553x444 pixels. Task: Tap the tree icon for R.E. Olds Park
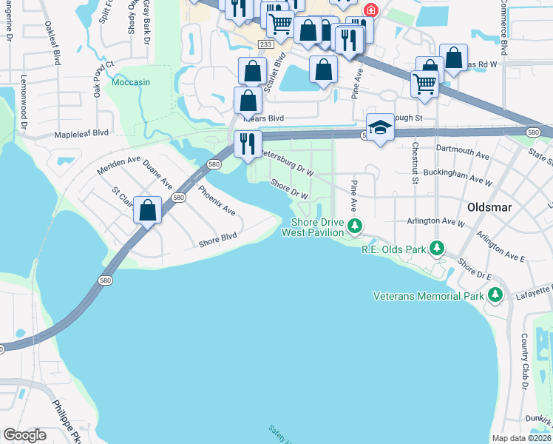tap(437, 247)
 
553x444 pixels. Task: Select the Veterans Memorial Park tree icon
tap(495, 296)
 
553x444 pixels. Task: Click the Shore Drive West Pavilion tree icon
tap(355, 225)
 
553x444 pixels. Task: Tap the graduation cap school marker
tap(380, 128)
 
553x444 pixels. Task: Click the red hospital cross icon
tap(370, 11)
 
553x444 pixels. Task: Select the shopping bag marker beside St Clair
tap(148, 211)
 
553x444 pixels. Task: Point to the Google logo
tap(25, 435)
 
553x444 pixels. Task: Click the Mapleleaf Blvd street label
tap(81, 133)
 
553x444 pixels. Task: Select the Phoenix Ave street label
tap(217, 200)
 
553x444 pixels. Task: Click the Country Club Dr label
tap(523, 352)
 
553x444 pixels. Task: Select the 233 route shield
tap(265, 45)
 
